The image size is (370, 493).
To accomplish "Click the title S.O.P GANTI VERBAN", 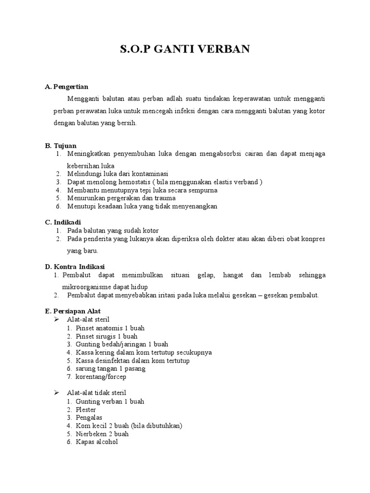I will point(185,50).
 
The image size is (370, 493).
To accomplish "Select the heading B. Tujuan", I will point(61,146).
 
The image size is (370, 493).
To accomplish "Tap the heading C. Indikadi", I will point(63,222).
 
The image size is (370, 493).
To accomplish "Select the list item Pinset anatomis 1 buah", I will point(110,328).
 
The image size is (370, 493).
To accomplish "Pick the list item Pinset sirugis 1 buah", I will point(106,337).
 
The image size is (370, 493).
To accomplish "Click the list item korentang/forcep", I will point(100,377).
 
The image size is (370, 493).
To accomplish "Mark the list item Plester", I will point(86,410).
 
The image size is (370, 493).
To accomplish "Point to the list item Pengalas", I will point(89,418).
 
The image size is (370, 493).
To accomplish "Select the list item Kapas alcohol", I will point(96,442).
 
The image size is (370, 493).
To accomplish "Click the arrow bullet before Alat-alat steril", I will point(56,320).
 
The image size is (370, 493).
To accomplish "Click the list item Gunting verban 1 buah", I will point(110,402).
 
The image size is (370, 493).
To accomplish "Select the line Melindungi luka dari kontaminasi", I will point(118,174).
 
